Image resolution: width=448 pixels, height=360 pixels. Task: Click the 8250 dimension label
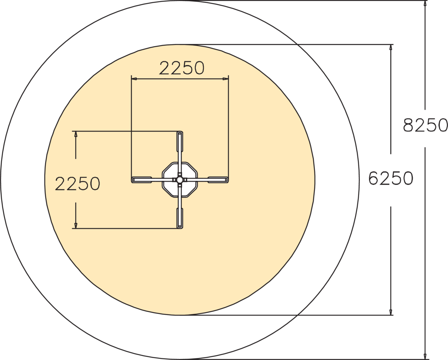point(425,125)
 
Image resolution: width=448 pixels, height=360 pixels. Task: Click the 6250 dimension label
point(391,178)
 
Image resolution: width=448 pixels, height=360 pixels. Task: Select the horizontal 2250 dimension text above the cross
point(181,68)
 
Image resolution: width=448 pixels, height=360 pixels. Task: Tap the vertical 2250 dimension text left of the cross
point(77,183)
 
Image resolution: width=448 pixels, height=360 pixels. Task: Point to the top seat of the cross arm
point(180,142)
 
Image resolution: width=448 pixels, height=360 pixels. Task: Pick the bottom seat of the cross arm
point(180,218)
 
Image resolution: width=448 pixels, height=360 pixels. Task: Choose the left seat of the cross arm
point(142,180)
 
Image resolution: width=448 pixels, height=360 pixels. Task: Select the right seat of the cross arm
point(218,180)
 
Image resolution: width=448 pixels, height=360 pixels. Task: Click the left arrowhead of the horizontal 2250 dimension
point(134,79)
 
